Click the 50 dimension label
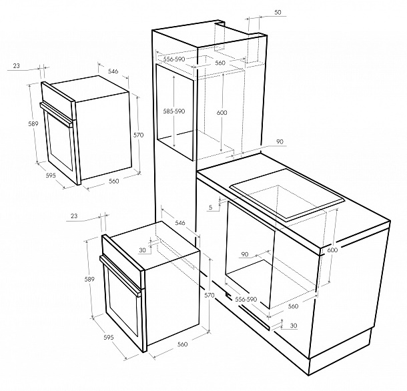click(x=278, y=13)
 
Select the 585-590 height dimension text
click(x=174, y=111)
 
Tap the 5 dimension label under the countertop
click(x=211, y=208)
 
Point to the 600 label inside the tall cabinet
click(x=222, y=112)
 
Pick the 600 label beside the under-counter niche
click(x=332, y=250)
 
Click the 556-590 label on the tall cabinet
click(x=174, y=59)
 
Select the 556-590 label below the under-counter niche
click(x=246, y=300)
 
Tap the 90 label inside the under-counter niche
click(x=245, y=254)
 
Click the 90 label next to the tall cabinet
click(x=280, y=141)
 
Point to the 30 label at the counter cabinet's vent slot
click(x=294, y=326)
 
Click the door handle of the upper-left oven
click(x=57, y=114)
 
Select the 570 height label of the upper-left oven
click(x=138, y=135)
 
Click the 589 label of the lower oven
click(x=89, y=280)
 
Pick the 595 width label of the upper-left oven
click(x=51, y=175)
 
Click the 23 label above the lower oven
click(x=74, y=216)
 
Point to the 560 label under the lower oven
click(x=182, y=344)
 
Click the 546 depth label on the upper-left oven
click(x=113, y=71)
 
